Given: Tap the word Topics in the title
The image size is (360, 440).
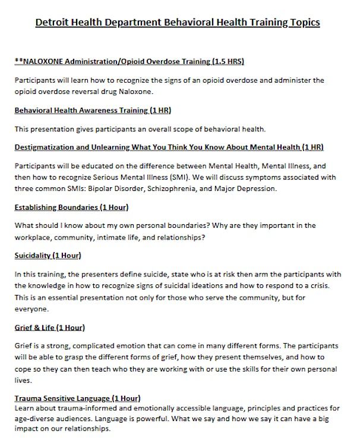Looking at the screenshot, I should pos(300,23).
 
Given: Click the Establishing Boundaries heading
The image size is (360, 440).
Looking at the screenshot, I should pos(71,208).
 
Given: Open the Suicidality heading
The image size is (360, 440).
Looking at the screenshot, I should pos(47,256).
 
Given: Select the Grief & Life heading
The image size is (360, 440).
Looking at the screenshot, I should pos(49,327).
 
